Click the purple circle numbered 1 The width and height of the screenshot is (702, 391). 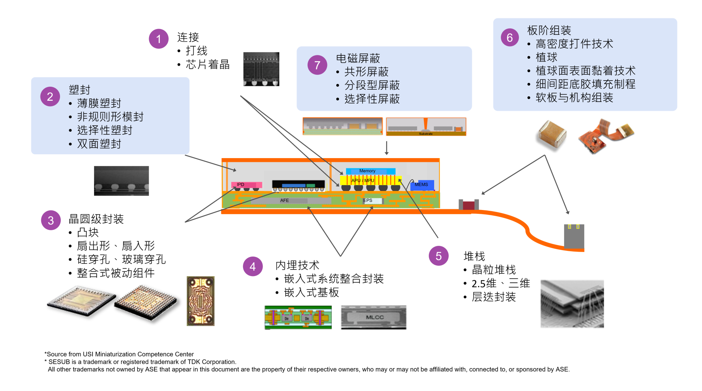pyautogui.click(x=159, y=39)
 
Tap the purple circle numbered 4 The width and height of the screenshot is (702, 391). pyautogui.click(x=253, y=266)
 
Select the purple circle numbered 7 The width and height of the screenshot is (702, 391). pyautogui.click(x=317, y=65)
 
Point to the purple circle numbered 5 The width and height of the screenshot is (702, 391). pyautogui.click(x=438, y=256)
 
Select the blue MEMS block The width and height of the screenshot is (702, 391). pyautogui.click(x=422, y=185)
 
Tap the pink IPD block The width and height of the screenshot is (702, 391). pyautogui.click(x=246, y=185)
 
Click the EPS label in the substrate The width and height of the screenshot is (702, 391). pyautogui.click(x=368, y=200)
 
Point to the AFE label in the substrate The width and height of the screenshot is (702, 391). pyautogui.click(x=285, y=200)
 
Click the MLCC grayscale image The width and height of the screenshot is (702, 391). pyautogui.click(x=374, y=317)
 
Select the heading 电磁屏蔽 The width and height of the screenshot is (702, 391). pyautogui.click(x=358, y=58)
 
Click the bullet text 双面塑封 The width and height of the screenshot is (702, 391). pyautogui.click(x=99, y=144)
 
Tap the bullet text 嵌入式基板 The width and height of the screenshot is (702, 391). pyautogui.click(x=311, y=292)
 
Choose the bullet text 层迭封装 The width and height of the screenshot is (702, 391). pyautogui.click(x=494, y=297)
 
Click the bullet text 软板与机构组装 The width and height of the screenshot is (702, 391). pyautogui.click(x=574, y=98)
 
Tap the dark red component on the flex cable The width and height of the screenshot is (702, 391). pyautogui.click(x=469, y=205)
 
